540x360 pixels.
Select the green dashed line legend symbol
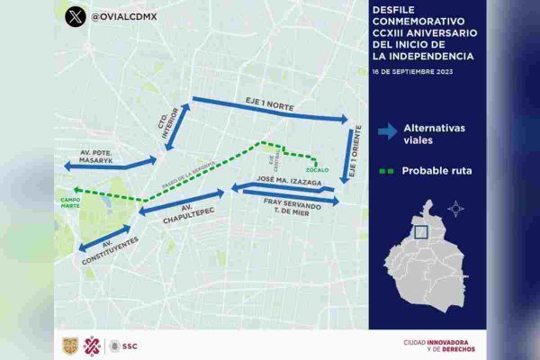[x=387, y=169]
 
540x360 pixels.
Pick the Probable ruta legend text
[x=438, y=169]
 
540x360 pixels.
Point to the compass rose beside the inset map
[x=456, y=209]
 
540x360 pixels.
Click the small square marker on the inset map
[x=420, y=231]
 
